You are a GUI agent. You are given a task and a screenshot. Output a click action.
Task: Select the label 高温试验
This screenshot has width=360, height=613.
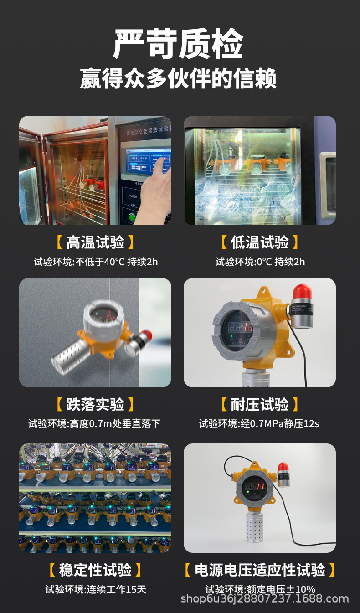click(x=95, y=242)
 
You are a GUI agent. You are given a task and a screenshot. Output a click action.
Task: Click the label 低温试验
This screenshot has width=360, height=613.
click(x=260, y=242)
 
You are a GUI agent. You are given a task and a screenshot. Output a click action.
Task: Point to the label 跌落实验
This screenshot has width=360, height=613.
click(x=95, y=404)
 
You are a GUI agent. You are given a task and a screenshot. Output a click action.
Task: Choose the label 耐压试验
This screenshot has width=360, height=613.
click(x=260, y=404)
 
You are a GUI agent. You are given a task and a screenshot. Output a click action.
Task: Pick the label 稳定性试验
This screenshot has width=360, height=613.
click(x=95, y=570)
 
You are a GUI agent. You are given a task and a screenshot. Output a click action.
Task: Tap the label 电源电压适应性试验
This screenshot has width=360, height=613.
click(x=260, y=570)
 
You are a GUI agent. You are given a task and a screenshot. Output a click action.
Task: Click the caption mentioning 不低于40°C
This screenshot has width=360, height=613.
click(x=96, y=262)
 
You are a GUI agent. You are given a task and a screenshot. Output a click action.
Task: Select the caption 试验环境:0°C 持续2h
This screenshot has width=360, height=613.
click(x=260, y=262)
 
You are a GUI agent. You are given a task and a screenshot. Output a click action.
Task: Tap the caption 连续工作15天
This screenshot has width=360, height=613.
click(x=96, y=589)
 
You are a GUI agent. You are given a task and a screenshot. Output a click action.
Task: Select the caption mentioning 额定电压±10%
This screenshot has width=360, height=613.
click(x=260, y=589)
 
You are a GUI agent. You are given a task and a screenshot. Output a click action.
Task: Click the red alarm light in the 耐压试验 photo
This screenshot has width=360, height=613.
click(x=302, y=293)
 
